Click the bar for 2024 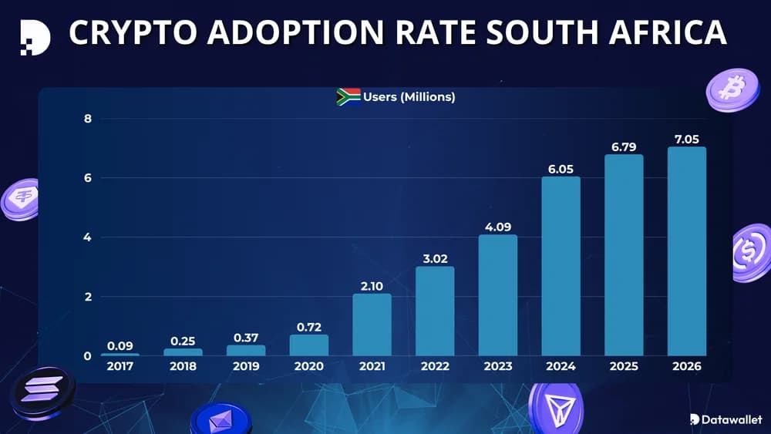tap(561, 266)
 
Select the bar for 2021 tap(372, 325)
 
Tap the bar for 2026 tap(686, 251)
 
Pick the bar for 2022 tap(435, 311)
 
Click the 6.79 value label tap(623, 145)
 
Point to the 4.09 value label tap(498, 226)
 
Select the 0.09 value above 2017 tap(120, 345)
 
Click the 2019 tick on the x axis tap(246, 367)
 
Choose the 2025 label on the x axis tap(623, 367)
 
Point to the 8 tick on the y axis tap(87, 119)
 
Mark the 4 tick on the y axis tap(87, 237)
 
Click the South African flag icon tap(348, 97)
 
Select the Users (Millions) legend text tap(409, 97)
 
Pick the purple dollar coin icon tap(750, 252)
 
